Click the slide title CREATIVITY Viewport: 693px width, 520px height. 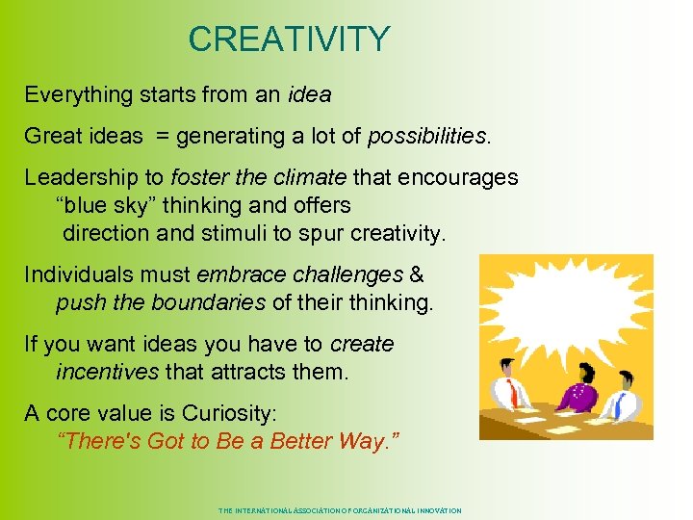289,39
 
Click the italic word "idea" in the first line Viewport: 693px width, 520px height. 309,95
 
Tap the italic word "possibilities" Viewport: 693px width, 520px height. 427,137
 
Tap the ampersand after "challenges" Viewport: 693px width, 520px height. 416,275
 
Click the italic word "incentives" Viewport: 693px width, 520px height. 108,372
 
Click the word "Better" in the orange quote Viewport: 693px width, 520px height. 293,442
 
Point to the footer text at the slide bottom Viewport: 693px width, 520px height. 340,510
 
